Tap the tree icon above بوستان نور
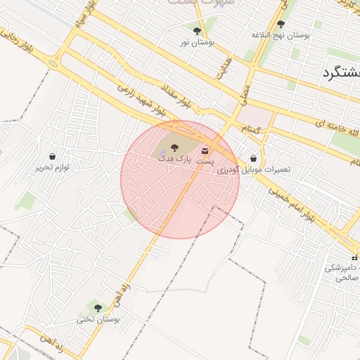tap(197, 31)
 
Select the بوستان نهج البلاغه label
tap(281, 35)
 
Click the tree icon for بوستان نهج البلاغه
tap(281, 24)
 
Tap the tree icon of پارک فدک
tap(174, 148)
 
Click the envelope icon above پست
tap(205, 150)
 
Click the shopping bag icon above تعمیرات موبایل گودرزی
tap(253, 159)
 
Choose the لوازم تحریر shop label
tap(53, 168)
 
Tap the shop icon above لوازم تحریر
tap(53, 156)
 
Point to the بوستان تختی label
tap(98, 319)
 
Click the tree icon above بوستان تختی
tap(98, 307)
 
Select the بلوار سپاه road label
tap(89, 29)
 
